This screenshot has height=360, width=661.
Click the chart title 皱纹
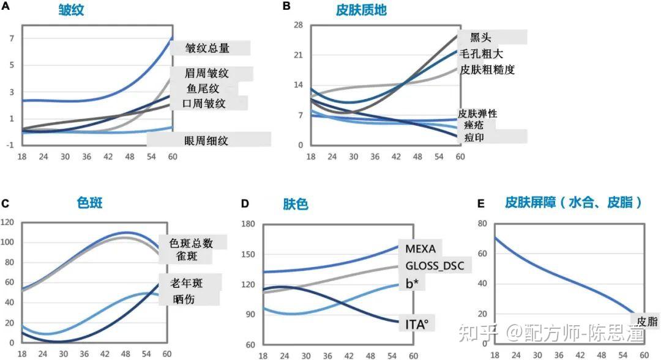tap(71, 10)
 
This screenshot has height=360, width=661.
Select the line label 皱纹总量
tap(207, 48)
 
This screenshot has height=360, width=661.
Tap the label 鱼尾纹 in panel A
tap(203, 89)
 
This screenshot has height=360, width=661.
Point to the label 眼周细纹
tap(206, 140)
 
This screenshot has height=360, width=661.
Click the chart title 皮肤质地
tap(361, 10)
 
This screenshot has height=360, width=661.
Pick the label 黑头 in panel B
tap(480, 37)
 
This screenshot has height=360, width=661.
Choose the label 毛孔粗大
tap(481, 53)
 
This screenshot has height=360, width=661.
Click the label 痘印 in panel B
tap(474, 138)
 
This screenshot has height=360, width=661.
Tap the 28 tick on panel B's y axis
tap(299, 25)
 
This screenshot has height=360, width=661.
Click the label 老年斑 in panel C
tap(186, 283)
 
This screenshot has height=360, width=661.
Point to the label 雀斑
tap(187, 255)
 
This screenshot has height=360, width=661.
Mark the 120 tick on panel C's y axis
tap(7, 222)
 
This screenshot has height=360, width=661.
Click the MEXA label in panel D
tap(420, 248)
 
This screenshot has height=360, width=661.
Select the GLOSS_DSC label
tap(435, 266)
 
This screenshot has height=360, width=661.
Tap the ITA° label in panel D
tap(417, 324)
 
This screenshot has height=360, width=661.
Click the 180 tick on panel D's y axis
tap(248, 224)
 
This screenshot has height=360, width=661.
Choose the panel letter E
tap(480, 204)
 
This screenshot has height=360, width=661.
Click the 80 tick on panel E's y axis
tap(482, 223)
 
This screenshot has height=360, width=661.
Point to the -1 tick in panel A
tap(10, 145)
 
